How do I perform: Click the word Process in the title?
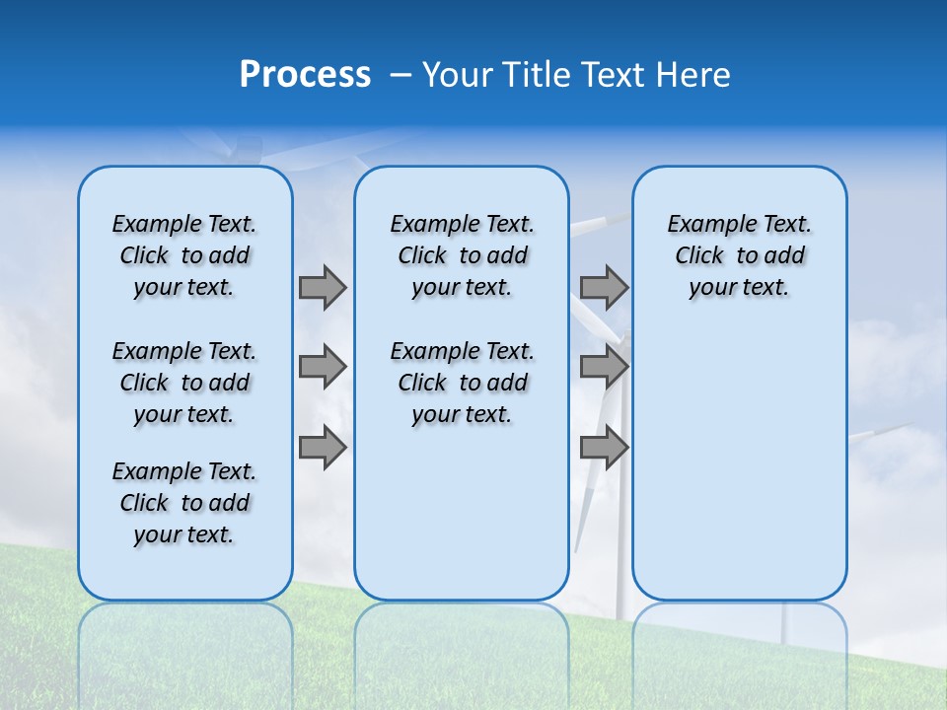(305, 75)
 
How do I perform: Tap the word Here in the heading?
(695, 75)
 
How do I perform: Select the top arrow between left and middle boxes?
(323, 287)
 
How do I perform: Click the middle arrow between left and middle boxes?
(323, 367)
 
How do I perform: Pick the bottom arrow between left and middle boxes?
(323, 448)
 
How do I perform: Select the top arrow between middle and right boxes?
(604, 287)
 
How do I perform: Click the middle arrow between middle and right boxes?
(604, 367)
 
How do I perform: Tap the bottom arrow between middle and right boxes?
(604, 448)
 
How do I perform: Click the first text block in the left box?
(184, 255)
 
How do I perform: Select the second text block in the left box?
(184, 383)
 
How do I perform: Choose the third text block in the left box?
(184, 503)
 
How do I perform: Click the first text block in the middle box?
(462, 255)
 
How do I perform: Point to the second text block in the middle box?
(462, 383)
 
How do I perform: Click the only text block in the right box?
(739, 255)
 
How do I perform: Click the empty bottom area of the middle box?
(462, 523)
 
